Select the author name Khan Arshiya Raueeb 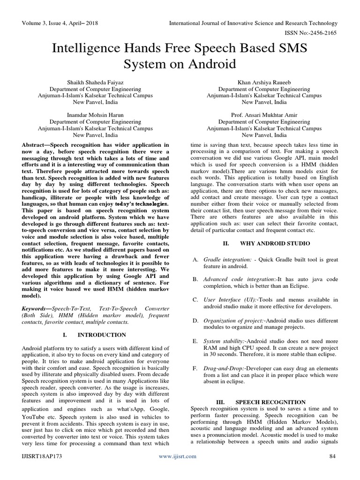pyautogui.click(x=264, y=82)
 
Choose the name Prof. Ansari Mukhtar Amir pyautogui.click(x=264, y=115)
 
